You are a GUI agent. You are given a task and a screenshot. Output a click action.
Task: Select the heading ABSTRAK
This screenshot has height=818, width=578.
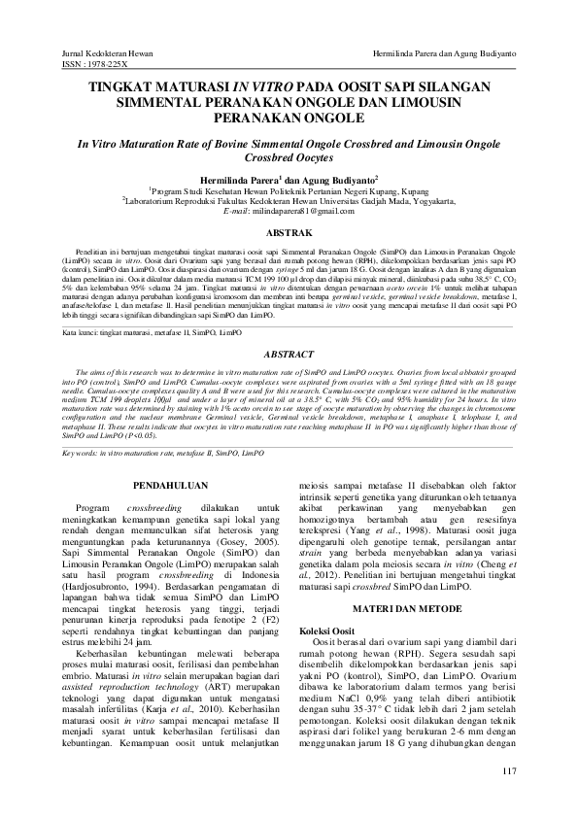289,233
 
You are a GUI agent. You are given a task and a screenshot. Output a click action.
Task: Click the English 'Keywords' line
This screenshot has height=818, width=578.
162,453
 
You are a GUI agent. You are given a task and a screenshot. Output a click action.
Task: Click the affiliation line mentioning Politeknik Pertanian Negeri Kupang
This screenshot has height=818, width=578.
289,190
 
